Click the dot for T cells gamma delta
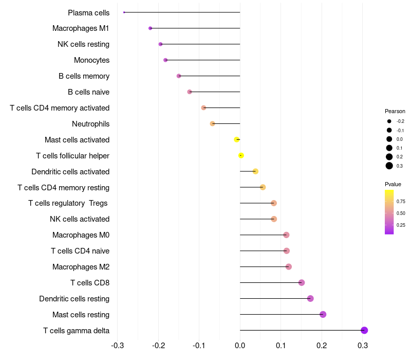point(364,330)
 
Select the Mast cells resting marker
point(323,314)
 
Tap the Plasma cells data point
point(124,12)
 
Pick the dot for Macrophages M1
point(150,28)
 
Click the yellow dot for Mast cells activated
point(237,139)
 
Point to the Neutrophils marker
point(212,123)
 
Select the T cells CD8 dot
point(302,282)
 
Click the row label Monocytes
point(91,60)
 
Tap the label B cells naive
point(88,92)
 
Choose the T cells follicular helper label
point(72,155)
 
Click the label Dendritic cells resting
point(74,298)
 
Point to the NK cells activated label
point(80,219)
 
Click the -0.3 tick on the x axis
point(117,345)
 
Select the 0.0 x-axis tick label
point(240,345)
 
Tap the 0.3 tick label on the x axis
point(363,345)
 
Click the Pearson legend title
point(395,111)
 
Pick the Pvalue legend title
point(393,184)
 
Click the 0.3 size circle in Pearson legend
point(389,166)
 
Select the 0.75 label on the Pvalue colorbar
point(401,201)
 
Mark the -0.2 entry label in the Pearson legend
point(400,121)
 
